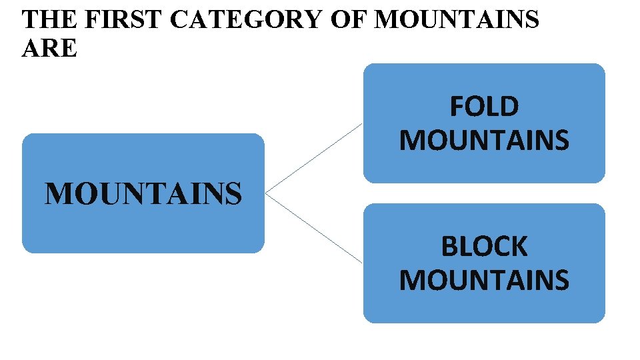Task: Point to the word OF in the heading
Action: coord(349,20)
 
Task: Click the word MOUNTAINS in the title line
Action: coord(457,20)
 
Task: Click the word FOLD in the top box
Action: coord(484,107)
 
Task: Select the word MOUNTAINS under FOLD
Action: coord(484,140)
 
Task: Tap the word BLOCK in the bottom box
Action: coord(484,247)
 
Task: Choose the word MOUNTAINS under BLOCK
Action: coord(484,280)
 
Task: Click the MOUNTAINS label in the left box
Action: coord(143,194)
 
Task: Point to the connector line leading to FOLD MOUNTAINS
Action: coord(313,159)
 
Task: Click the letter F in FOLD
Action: coord(457,107)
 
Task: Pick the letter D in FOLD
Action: coord(510,107)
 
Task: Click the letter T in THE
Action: coord(30,20)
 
